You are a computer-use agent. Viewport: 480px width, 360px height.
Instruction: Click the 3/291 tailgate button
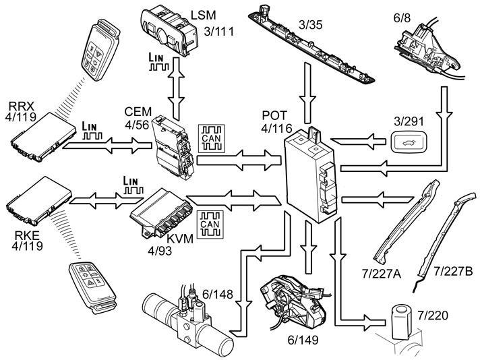pos(407,142)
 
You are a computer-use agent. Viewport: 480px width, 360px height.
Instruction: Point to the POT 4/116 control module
pos(311,175)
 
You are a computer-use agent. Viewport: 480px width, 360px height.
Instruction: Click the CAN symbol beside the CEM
pos(210,138)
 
